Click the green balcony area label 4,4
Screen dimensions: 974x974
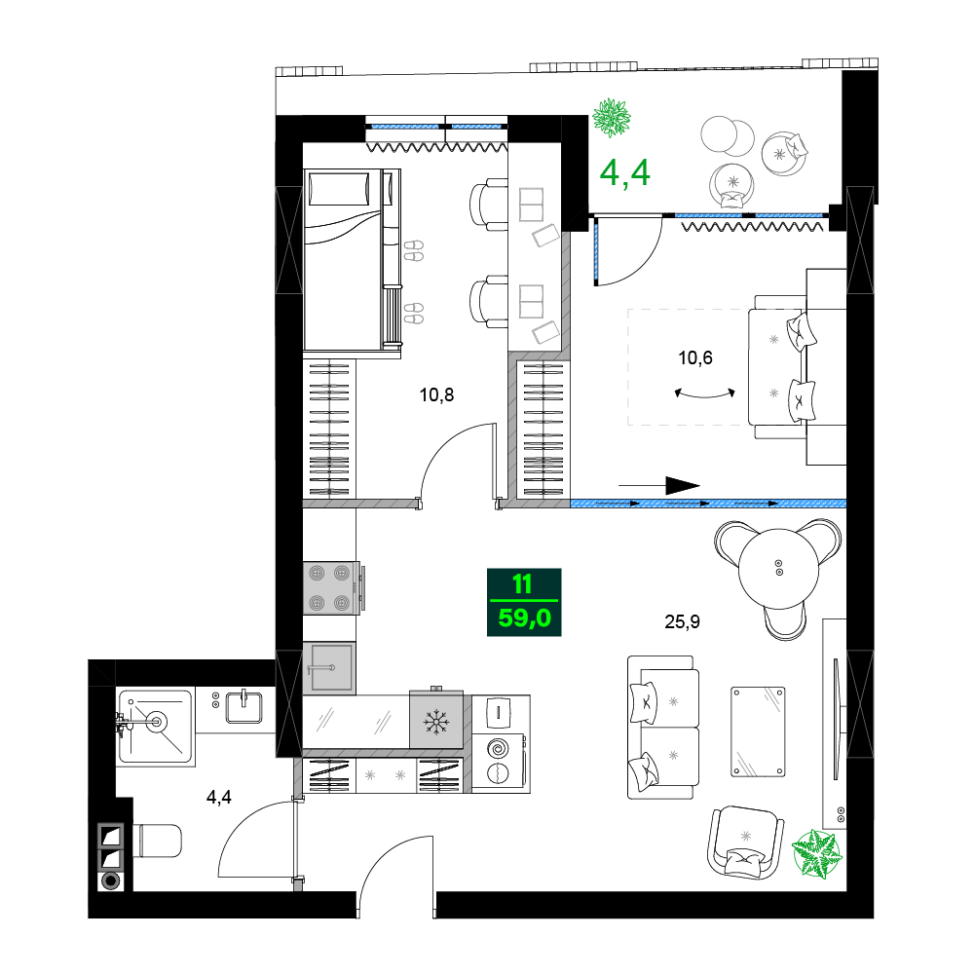[x=625, y=172]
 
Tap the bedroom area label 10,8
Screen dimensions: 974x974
[x=436, y=395]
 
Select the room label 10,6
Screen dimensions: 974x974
[x=695, y=357]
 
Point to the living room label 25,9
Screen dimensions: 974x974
[x=682, y=621]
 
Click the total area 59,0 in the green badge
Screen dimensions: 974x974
[x=524, y=618]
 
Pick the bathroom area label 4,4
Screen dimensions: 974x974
[x=218, y=797]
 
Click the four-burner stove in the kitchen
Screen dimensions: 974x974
[x=330, y=587]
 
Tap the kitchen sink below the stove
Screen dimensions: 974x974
[x=329, y=668]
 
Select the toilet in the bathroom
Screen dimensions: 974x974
[x=157, y=841]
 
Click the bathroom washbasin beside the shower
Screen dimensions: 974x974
[x=243, y=707]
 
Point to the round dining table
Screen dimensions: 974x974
[x=779, y=569]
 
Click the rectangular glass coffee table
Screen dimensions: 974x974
[x=758, y=731]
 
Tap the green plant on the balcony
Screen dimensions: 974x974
[x=612, y=118]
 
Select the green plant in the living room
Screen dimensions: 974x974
[x=817, y=854]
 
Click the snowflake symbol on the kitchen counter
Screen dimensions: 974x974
[x=436, y=722]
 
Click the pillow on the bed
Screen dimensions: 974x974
[x=339, y=189]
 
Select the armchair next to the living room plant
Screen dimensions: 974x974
[x=744, y=842]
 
